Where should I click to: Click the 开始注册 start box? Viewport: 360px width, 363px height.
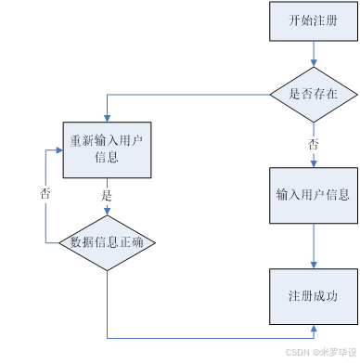coord(313,21)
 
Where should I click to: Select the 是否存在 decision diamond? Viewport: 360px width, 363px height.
coord(313,94)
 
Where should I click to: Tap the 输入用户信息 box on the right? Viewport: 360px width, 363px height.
coord(313,195)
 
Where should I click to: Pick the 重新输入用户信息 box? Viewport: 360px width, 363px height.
coord(107,149)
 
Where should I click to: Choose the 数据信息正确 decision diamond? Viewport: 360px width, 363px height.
coord(107,243)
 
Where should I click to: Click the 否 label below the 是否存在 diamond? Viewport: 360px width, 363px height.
coord(314,145)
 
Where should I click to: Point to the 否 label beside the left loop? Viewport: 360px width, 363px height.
coord(45,195)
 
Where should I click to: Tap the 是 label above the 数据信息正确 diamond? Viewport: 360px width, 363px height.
coord(106,196)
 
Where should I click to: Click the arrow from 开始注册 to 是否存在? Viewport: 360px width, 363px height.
coord(313,53)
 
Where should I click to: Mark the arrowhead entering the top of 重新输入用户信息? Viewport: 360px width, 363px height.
coord(107,118)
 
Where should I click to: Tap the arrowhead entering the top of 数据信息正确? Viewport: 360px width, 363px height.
coord(107,212)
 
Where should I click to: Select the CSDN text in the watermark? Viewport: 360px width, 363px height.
coord(297,354)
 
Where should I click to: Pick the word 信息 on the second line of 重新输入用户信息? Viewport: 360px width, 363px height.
coord(107,158)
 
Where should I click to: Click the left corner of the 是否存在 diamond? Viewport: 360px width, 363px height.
coord(271,94)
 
